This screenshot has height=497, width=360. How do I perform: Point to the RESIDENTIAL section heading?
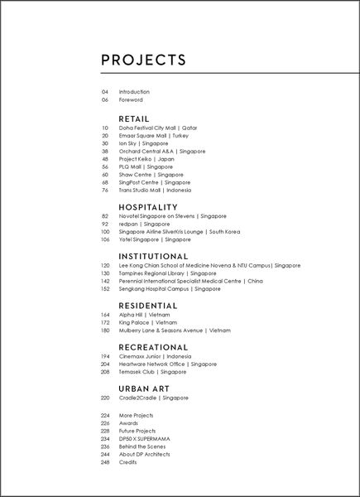(x=153, y=305)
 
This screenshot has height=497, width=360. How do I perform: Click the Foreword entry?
(x=131, y=99)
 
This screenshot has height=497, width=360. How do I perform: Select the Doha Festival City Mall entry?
(x=158, y=128)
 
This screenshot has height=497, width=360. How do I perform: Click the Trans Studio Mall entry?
(x=155, y=190)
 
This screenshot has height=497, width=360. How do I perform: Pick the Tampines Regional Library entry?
(x=167, y=273)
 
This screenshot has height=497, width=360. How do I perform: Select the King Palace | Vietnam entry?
(x=148, y=322)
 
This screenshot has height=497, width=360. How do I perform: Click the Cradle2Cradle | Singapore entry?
(x=154, y=398)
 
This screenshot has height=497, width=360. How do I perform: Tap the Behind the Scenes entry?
(x=142, y=446)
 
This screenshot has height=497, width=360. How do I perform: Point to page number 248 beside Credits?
(x=105, y=462)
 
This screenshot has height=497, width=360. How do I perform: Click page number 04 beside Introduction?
(x=105, y=92)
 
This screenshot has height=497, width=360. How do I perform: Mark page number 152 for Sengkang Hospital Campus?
(x=105, y=289)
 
